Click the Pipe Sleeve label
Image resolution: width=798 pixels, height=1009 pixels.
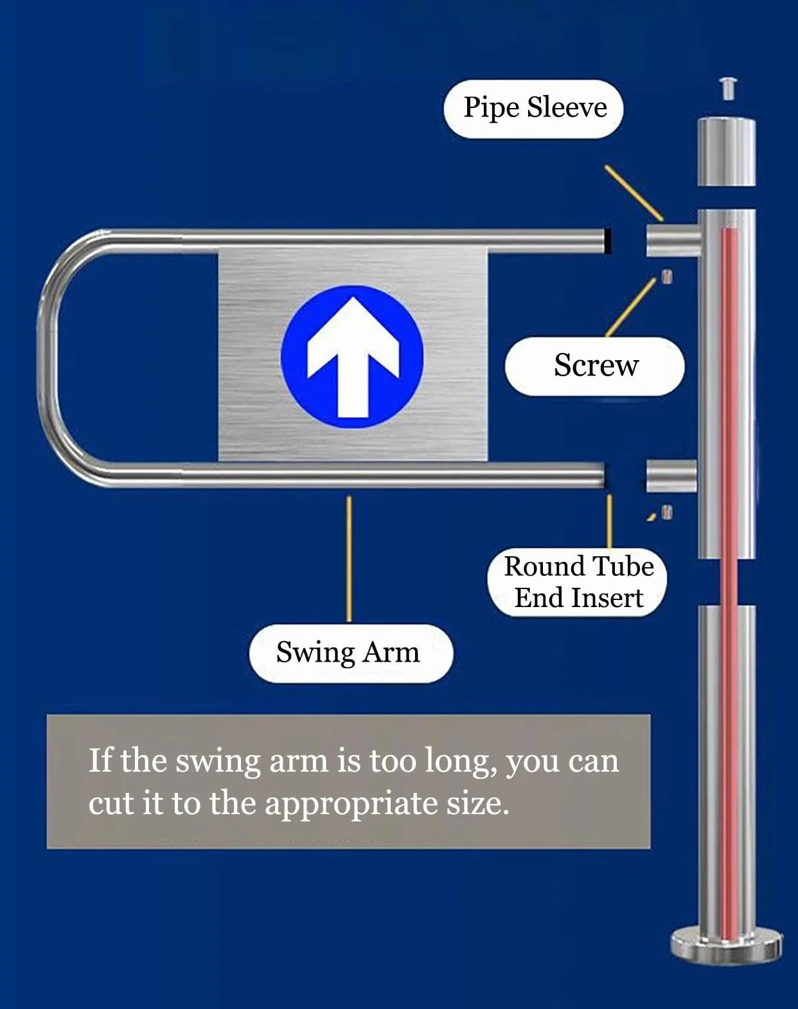pyautogui.click(x=534, y=109)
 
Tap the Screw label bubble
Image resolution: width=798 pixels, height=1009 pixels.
pyautogui.click(x=594, y=366)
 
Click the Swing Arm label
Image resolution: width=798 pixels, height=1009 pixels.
pyautogui.click(x=351, y=653)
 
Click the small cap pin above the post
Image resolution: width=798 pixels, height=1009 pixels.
pyautogui.click(x=728, y=88)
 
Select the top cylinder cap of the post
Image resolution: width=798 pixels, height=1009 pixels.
pyautogui.click(x=726, y=152)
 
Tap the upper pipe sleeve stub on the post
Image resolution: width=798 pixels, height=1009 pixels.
pyautogui.click(x=673, y=240)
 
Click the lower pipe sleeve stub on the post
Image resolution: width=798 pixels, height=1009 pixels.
pyautogui.click(x=671, y=476)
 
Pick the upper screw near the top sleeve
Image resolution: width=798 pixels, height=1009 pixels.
pyautogui.click(x=668, y=277)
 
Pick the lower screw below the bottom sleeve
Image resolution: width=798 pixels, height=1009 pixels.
pyautogui.click(x=668, y=512)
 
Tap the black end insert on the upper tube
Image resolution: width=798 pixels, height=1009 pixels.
pyautogui.click(x=608, y=241)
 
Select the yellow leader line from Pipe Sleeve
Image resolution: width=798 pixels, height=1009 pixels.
pyautogui.click(x=634, y=193)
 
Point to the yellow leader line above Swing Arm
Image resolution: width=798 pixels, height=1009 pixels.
pyautogui.click(x=349, y=559)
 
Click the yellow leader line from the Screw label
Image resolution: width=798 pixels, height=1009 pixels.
pyautogui.click(x=631, y=307)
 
